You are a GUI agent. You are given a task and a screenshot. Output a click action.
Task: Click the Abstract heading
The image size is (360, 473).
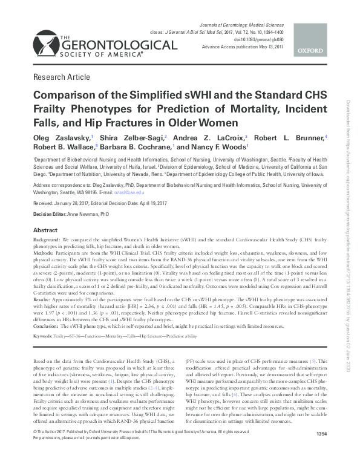45,230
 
